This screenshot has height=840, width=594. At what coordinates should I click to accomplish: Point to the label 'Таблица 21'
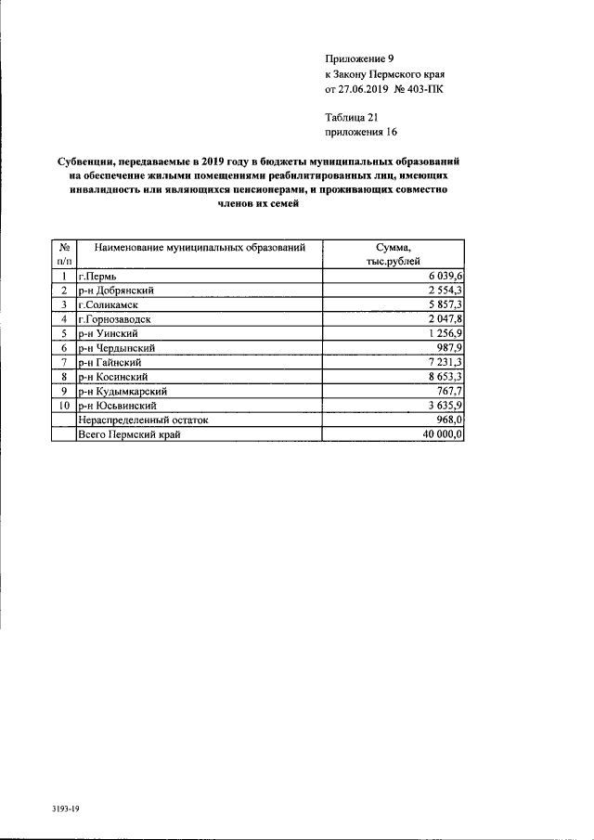point(352,117)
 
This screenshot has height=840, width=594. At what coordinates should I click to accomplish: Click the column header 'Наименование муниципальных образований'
point(200,248)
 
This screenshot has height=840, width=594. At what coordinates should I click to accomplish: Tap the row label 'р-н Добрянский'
point(116,291)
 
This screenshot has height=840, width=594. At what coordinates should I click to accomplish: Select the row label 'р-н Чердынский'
point(117,346)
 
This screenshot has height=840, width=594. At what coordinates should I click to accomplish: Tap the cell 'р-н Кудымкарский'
point(122,391)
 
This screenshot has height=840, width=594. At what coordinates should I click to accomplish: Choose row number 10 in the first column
point(63,406)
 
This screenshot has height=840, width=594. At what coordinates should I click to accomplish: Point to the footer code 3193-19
point(67,808)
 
